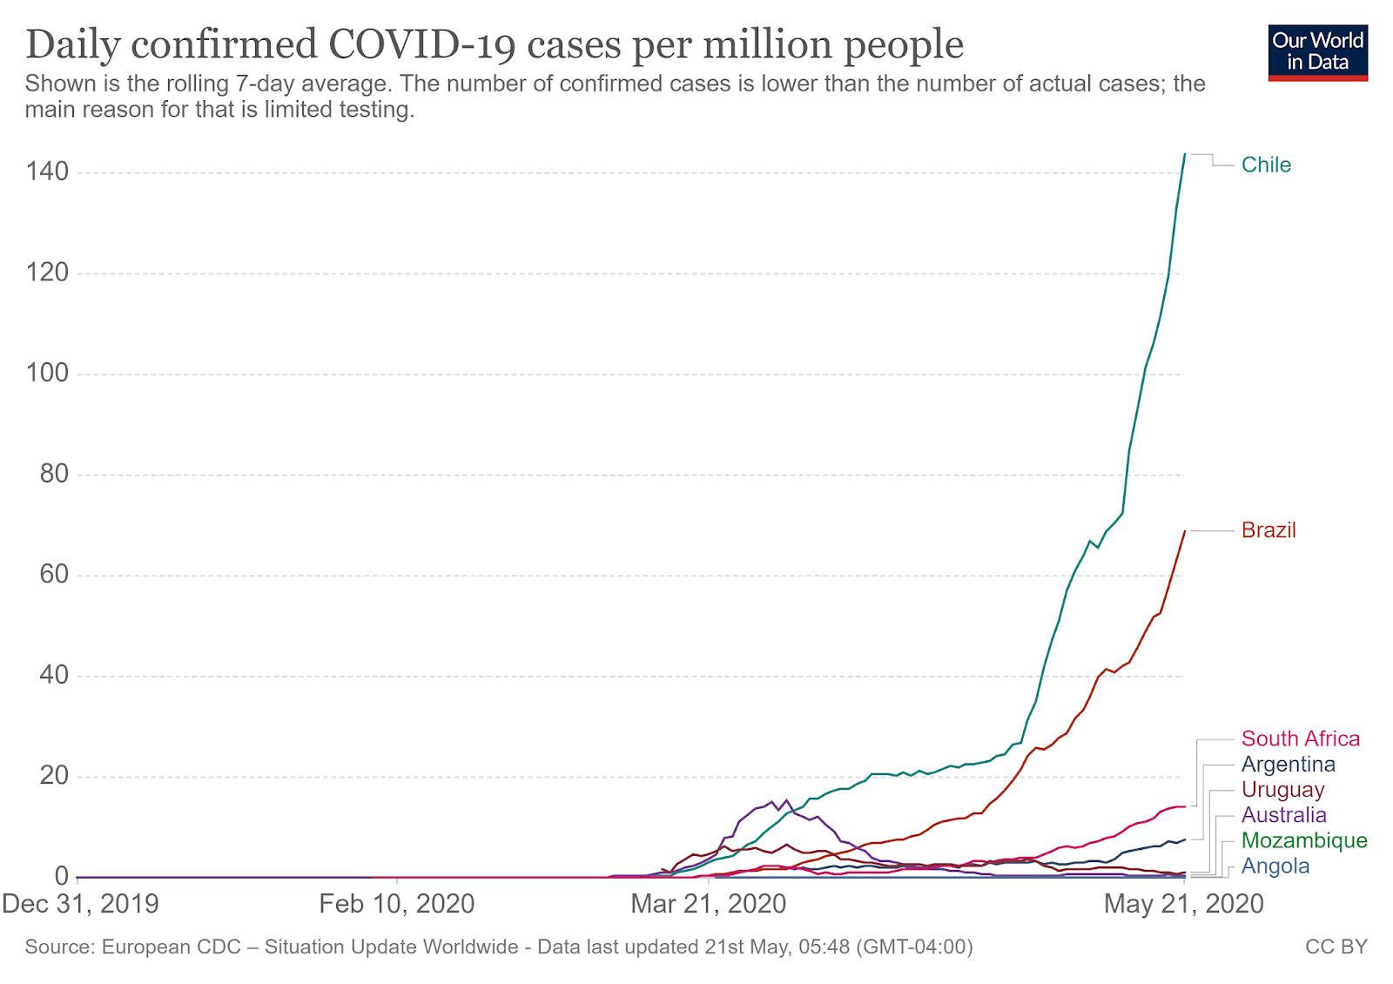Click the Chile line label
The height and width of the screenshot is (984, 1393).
click(1266, 165)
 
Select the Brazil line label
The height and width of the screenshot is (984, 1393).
click(1269, 530)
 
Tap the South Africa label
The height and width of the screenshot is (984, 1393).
click(1300, 738)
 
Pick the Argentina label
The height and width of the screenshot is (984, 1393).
click(1288, 765)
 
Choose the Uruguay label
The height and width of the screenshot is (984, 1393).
click(1282, 790)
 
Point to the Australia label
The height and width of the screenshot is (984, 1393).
click(1283, 815)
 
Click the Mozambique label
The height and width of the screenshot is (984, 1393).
click(1303, 840)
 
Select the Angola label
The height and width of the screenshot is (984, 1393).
click(1275, 866)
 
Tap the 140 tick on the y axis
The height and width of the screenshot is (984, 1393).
click(47, 172)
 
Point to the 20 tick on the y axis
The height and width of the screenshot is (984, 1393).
click(53, 776)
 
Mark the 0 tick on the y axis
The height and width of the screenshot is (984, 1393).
click(61, 876)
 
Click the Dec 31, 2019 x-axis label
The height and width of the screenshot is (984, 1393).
click(80, 904)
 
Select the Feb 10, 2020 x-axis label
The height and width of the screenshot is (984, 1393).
click(396, 904)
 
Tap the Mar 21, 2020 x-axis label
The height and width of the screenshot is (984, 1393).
click(708, 904)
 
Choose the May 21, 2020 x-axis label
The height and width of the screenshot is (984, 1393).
click(1183, 904)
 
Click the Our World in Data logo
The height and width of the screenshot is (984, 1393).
click(1317, 53)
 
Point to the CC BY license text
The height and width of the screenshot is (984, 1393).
click(1336, 947)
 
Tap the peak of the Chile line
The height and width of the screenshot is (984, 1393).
click(1184, 154)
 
